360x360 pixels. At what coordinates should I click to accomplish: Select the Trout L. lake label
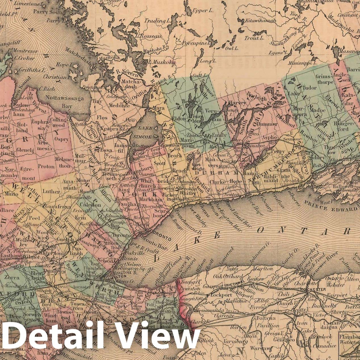coord(254,38)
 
